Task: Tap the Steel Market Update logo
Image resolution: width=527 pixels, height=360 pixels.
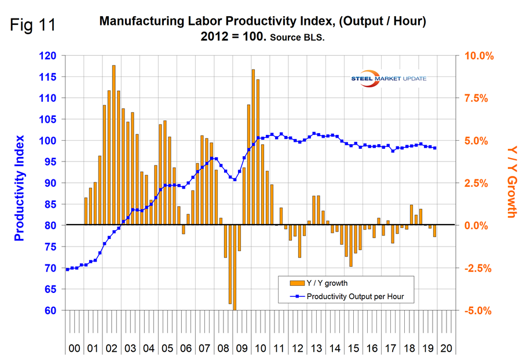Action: click(x=389, y=78)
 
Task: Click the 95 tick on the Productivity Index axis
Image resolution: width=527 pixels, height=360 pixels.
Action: click(x=50, y=162)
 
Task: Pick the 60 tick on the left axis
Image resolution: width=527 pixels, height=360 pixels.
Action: click(x=50, y=310)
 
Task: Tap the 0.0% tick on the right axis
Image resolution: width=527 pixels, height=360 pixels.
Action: click(x=479, y=226)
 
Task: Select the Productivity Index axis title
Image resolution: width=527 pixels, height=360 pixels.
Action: click(x=20, y=188)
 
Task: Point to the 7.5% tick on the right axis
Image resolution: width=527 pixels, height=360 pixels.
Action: click(x=479, y=98)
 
